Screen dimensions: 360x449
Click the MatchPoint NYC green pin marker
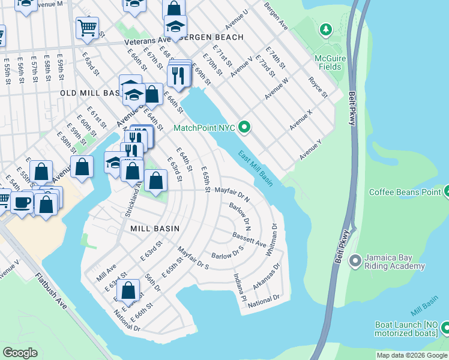click(244, 127)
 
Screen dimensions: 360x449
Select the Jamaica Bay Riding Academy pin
click(355, 260)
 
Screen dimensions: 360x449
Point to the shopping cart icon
click(87, 28)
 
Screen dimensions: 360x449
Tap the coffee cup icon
click(23, 202)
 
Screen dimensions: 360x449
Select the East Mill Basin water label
click(256, 167)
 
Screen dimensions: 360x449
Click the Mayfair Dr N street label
click(232, 193)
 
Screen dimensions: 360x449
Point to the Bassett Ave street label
click(249, 240)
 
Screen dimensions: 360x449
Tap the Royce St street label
click(318, 87)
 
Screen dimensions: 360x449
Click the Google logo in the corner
click(20, 353)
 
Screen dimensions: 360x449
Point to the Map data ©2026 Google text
click(412, 355)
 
